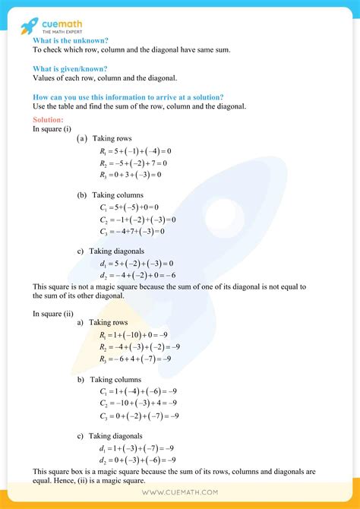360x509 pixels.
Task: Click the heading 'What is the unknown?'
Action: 71,40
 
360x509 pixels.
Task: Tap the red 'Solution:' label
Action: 49,120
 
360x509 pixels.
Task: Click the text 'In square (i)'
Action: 52,129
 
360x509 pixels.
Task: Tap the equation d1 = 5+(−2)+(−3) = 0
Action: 131,263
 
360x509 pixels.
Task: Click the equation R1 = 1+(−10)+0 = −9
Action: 135,334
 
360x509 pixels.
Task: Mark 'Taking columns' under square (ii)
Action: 122,379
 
